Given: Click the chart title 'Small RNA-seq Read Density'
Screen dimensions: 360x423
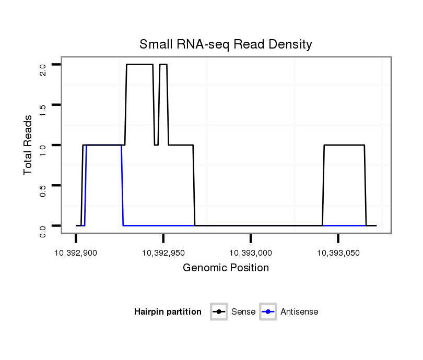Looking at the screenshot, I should point(226,44).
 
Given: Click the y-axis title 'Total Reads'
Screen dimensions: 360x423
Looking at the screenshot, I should point(28,145).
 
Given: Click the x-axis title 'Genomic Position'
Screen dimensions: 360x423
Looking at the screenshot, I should point(226,268).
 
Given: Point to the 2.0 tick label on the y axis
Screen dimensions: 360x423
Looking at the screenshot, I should point(43,69).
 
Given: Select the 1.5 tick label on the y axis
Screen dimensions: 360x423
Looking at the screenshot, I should point(43,109).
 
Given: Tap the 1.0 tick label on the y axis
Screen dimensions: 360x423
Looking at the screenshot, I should point(43,149).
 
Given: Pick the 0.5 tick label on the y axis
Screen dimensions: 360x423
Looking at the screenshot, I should point(43,189).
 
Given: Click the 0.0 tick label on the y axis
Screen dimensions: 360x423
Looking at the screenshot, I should point(43,230).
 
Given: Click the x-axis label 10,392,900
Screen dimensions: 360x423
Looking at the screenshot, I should point(76,253).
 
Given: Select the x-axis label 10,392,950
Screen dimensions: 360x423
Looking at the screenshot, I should point(163,253).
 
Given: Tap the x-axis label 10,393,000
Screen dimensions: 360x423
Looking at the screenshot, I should point(251,253).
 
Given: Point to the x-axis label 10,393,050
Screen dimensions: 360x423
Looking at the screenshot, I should point(338,253).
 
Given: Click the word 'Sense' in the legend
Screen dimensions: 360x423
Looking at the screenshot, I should point(243,312).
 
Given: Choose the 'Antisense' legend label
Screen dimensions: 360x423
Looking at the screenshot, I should point(299,312).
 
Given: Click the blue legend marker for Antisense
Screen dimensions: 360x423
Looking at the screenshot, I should point(268,312).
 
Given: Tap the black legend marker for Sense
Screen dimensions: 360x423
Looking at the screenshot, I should point(219,312).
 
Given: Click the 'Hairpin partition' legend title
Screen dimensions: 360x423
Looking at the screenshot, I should point(168,312).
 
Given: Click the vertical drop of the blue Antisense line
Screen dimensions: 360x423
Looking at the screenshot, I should point(122,185).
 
